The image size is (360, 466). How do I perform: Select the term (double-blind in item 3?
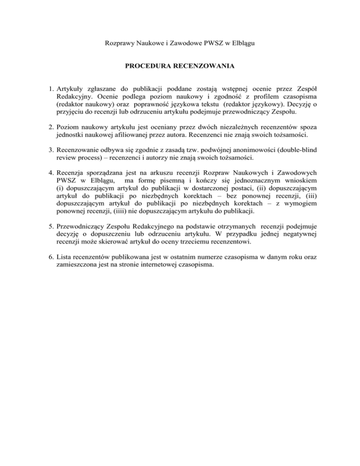[x=285, y=161]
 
